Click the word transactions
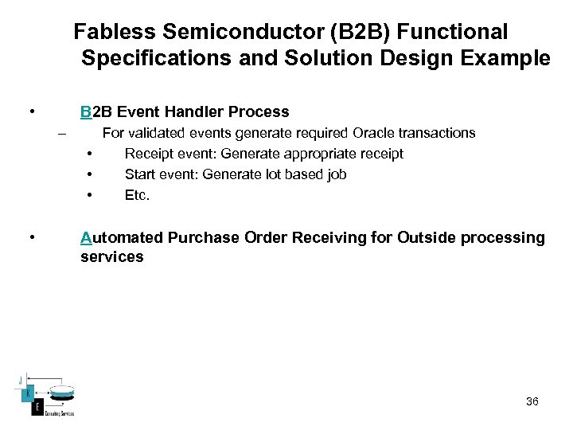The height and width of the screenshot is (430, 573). [435, 133]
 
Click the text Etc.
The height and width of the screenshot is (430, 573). [137, 195]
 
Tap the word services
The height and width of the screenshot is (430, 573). [111, 256]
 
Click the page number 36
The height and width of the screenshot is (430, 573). [532, 401]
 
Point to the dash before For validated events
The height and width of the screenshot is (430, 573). [60, 134]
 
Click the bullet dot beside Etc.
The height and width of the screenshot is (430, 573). [91, 195]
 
